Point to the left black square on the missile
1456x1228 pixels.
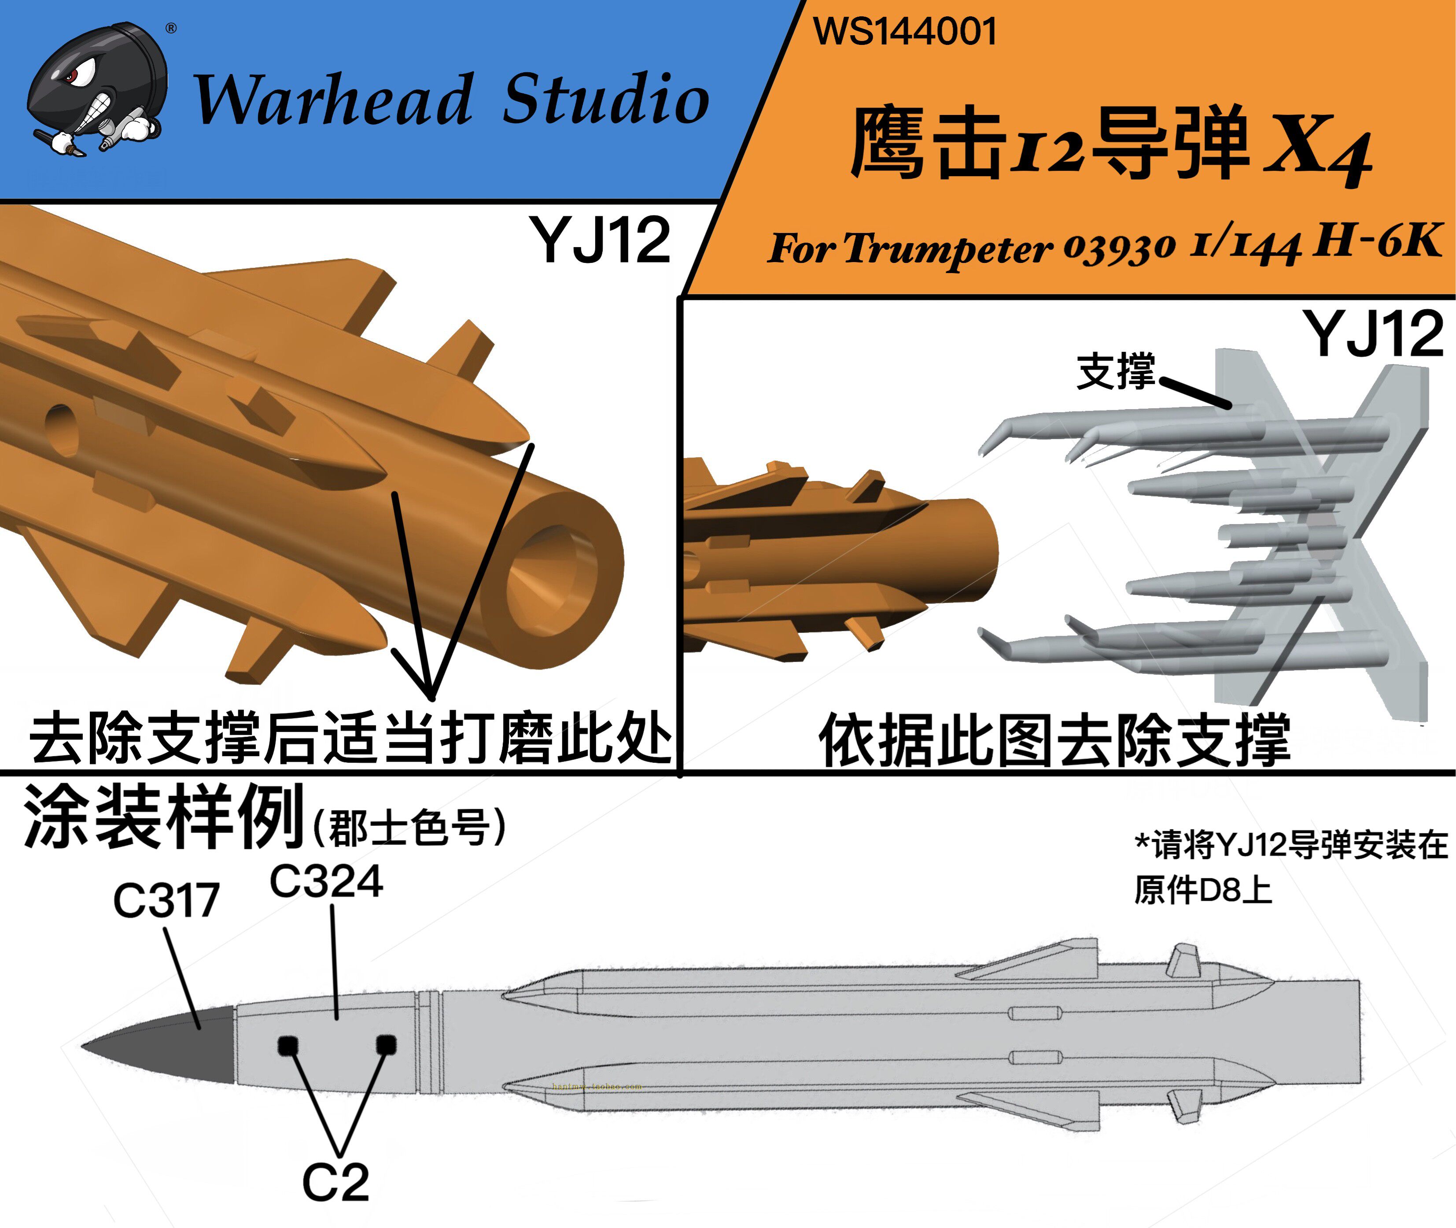288,1046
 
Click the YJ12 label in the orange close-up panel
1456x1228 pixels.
600,240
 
